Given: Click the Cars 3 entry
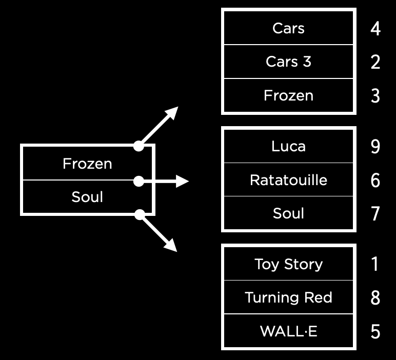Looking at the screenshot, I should [x=288, y=62].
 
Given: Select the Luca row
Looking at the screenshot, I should [x=288, y=146].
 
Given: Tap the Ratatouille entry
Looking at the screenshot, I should [x=288, y=180].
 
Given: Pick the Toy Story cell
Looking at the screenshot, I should [x=288, y=264].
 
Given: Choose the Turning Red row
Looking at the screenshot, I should [x=288, y=297].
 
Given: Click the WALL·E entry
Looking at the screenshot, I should [x=288, y=331].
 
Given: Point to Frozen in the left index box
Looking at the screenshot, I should [x=87, y=164].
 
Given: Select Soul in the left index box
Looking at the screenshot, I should [x=87, y=197].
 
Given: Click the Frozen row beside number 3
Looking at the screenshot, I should [x=288, y=95].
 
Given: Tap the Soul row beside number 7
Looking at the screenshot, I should [x=288, y=213].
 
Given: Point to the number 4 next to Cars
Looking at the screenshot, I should [x=375, y=29].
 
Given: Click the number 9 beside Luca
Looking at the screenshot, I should [x=375, y=147].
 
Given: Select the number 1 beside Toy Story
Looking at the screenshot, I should [x=375, y=264].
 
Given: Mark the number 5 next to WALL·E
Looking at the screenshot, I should [x=375, y=332].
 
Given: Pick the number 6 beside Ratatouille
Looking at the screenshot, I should [x=375, y=181].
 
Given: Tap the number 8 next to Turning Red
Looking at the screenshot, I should [x=375, y=298].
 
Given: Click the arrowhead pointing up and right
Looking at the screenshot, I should [x=173, y=112].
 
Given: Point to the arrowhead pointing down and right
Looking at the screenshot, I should [x=172, y=247].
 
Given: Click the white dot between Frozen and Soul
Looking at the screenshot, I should [x=138, y=181].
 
